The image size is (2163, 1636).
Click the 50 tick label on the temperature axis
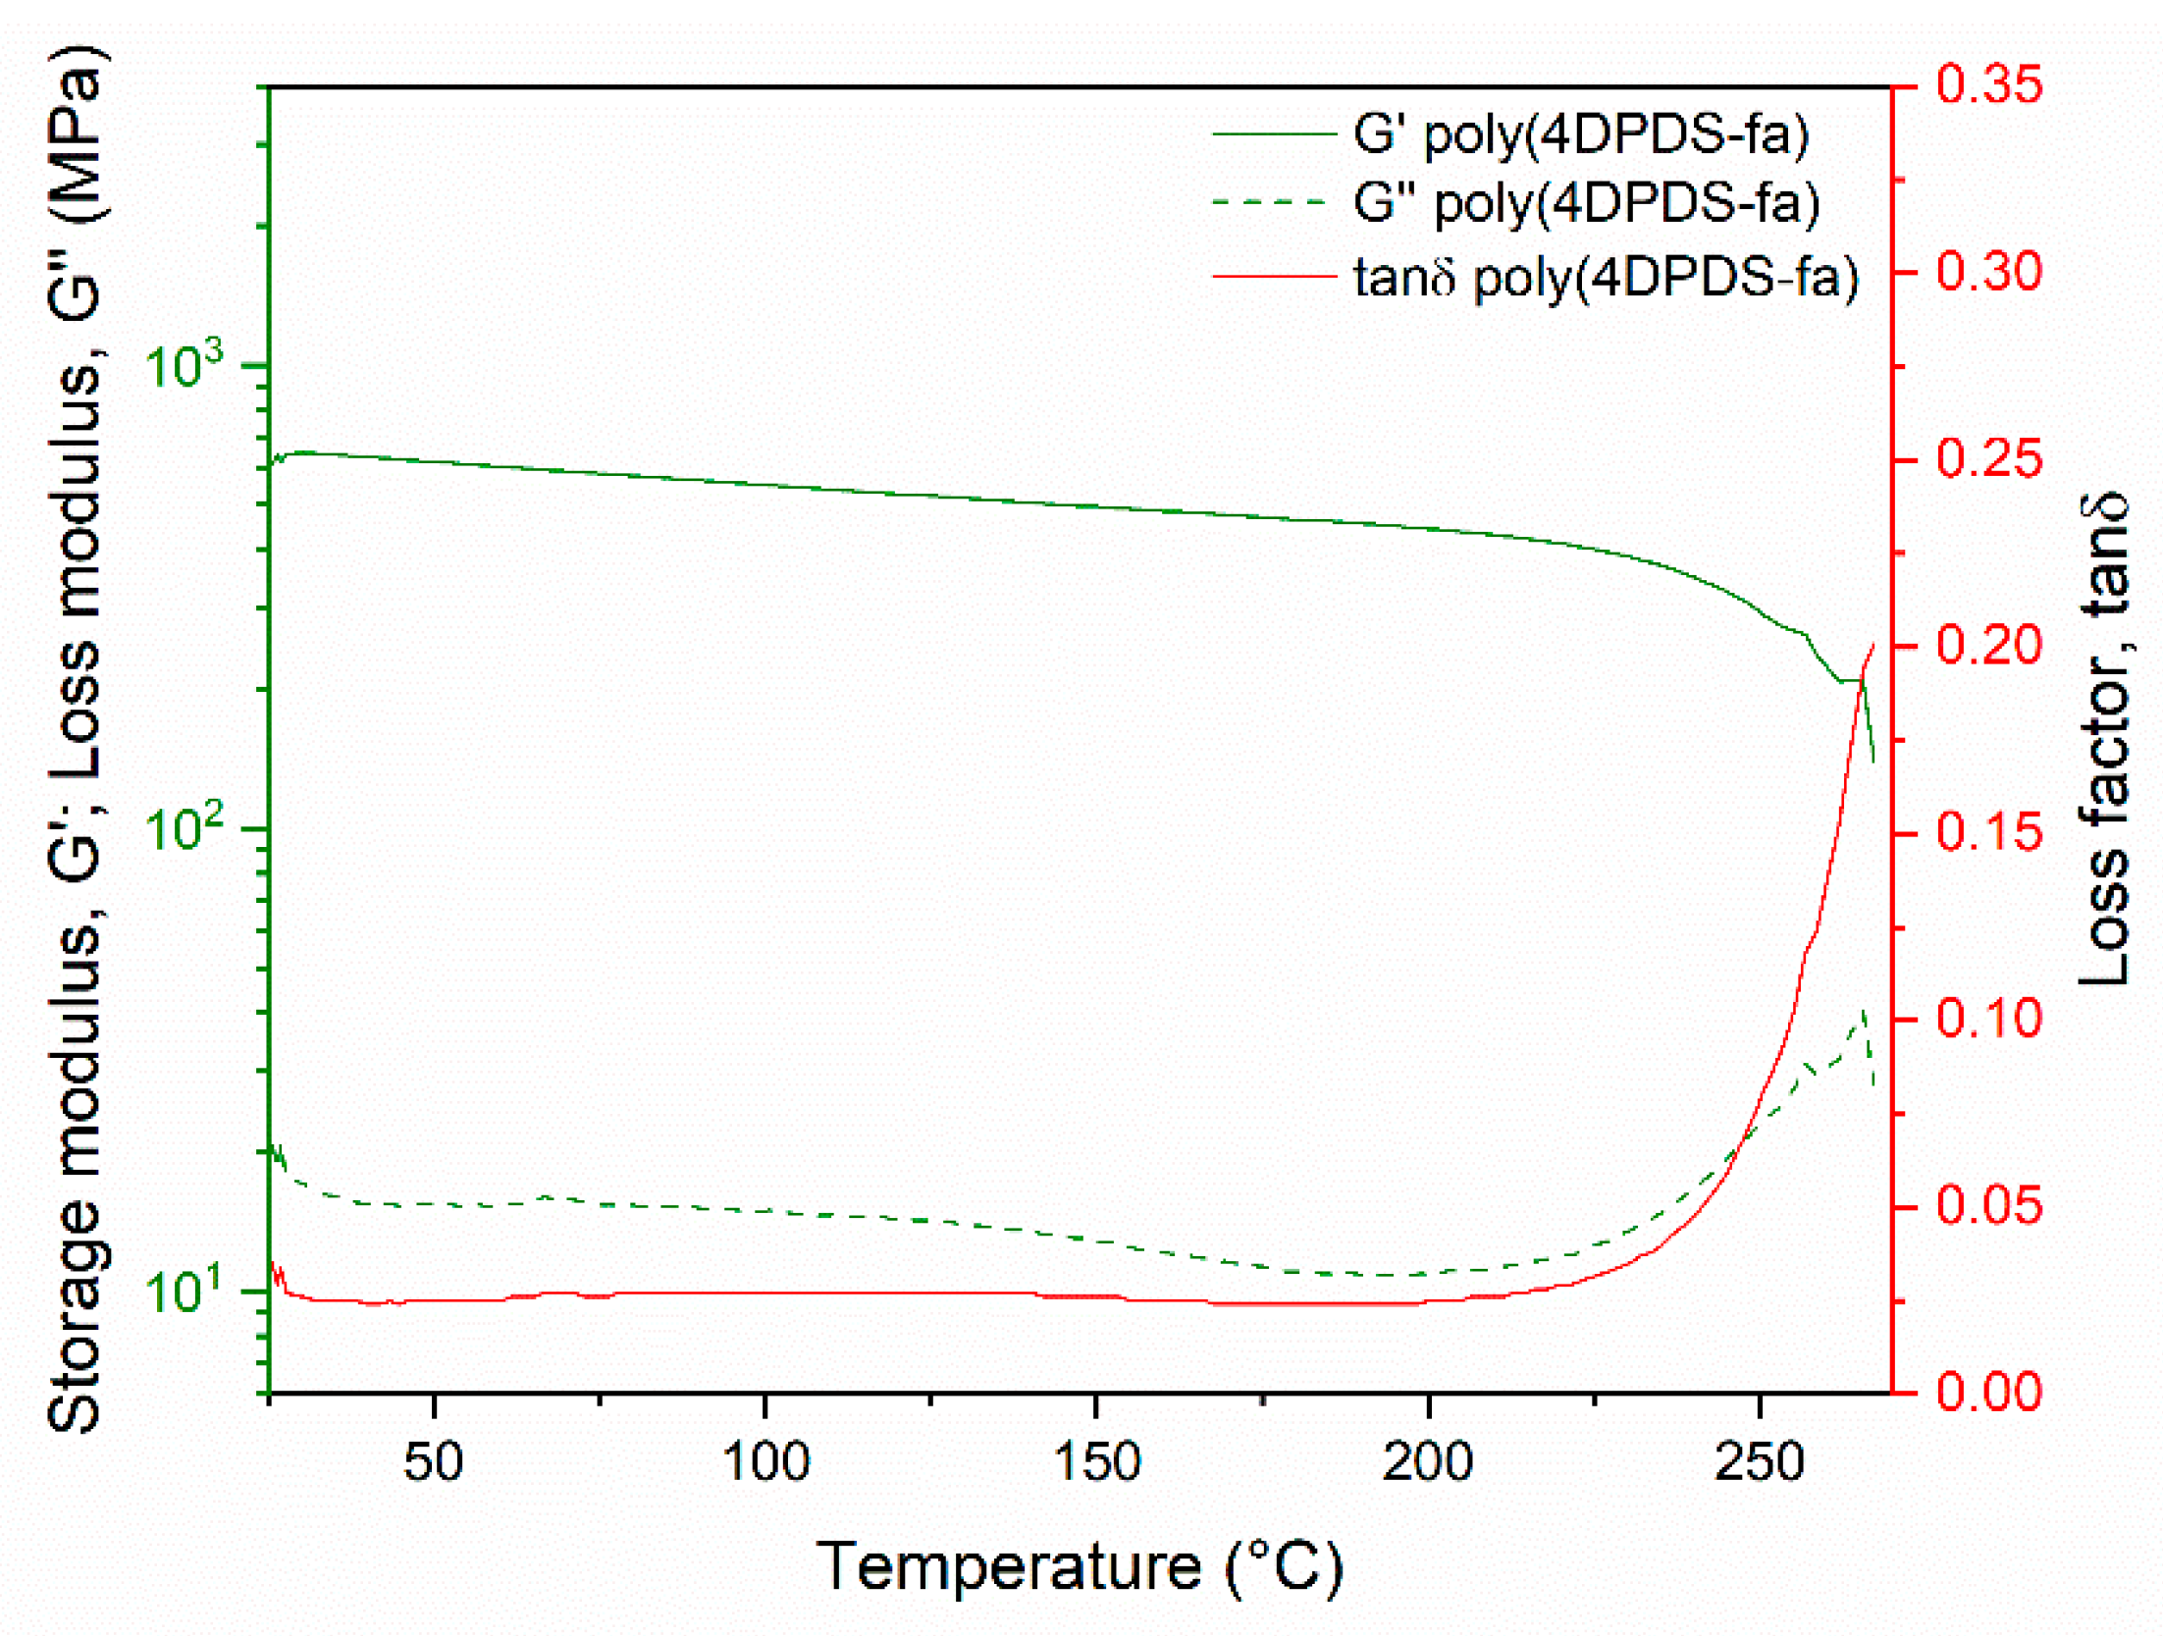(x=433, y=1462)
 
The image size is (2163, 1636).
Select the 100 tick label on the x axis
(x=765, y=1462)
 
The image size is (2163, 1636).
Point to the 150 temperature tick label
(x=1096, y=1462)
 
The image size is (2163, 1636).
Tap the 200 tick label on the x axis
(x=1428, y=1462)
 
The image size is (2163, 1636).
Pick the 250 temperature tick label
(x=1759, y=1462)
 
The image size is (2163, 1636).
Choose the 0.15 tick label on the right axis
(x=1989, y=832)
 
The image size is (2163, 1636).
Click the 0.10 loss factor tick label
(x=1989, y=1019)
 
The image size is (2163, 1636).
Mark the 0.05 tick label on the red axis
(x=1989, y=1205)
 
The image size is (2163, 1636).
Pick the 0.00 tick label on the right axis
(x=1989, y=1392)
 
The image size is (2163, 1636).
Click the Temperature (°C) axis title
(x=1080, y=1567)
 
